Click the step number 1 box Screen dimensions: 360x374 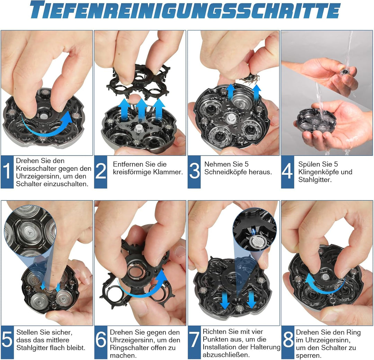click(7, 172)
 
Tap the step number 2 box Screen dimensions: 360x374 click(100, 172)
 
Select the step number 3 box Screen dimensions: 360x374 click(194, 172)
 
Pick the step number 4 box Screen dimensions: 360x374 click(287, 172)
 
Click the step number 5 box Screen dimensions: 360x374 click(7, 342)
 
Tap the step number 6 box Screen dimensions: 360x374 click(100, 342)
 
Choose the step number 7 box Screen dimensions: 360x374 click(194, 342)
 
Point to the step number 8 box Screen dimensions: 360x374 click(287, 342)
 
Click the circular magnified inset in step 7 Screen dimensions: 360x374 click(255, 230)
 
